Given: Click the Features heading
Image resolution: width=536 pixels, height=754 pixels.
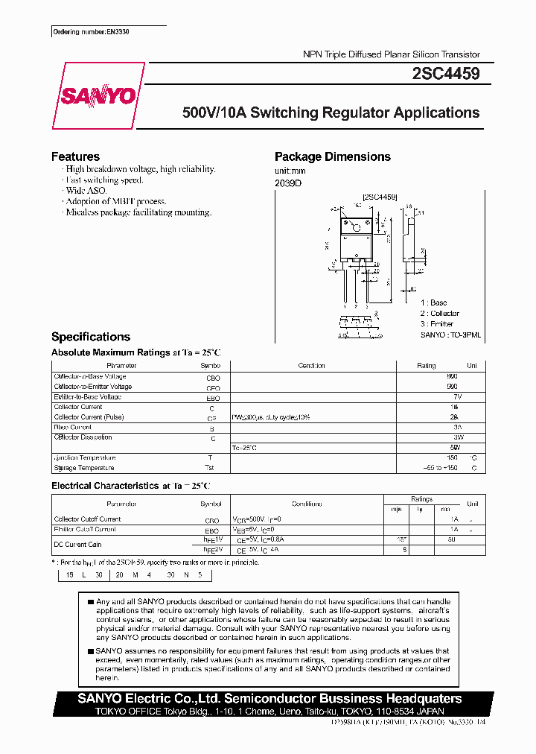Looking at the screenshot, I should point(75,156).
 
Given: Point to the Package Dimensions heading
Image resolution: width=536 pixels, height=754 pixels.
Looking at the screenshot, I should point(332,156).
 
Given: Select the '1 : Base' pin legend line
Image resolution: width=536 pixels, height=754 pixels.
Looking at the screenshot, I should point(433,302).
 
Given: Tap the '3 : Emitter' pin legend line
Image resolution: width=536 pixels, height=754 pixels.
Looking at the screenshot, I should point(436,324).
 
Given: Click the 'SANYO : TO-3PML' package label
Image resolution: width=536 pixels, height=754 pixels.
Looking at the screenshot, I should point(450,335).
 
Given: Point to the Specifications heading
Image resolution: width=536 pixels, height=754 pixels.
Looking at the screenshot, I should point(91,337).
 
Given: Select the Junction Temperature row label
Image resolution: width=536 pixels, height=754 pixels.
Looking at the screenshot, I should point(84,457).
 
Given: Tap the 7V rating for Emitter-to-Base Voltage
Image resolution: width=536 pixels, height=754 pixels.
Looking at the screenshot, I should point(457,397).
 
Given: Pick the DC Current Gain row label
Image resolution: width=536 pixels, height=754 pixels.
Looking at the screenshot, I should point(77,545).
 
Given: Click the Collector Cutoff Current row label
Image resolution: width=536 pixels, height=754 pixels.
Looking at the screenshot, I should point(87,519).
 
